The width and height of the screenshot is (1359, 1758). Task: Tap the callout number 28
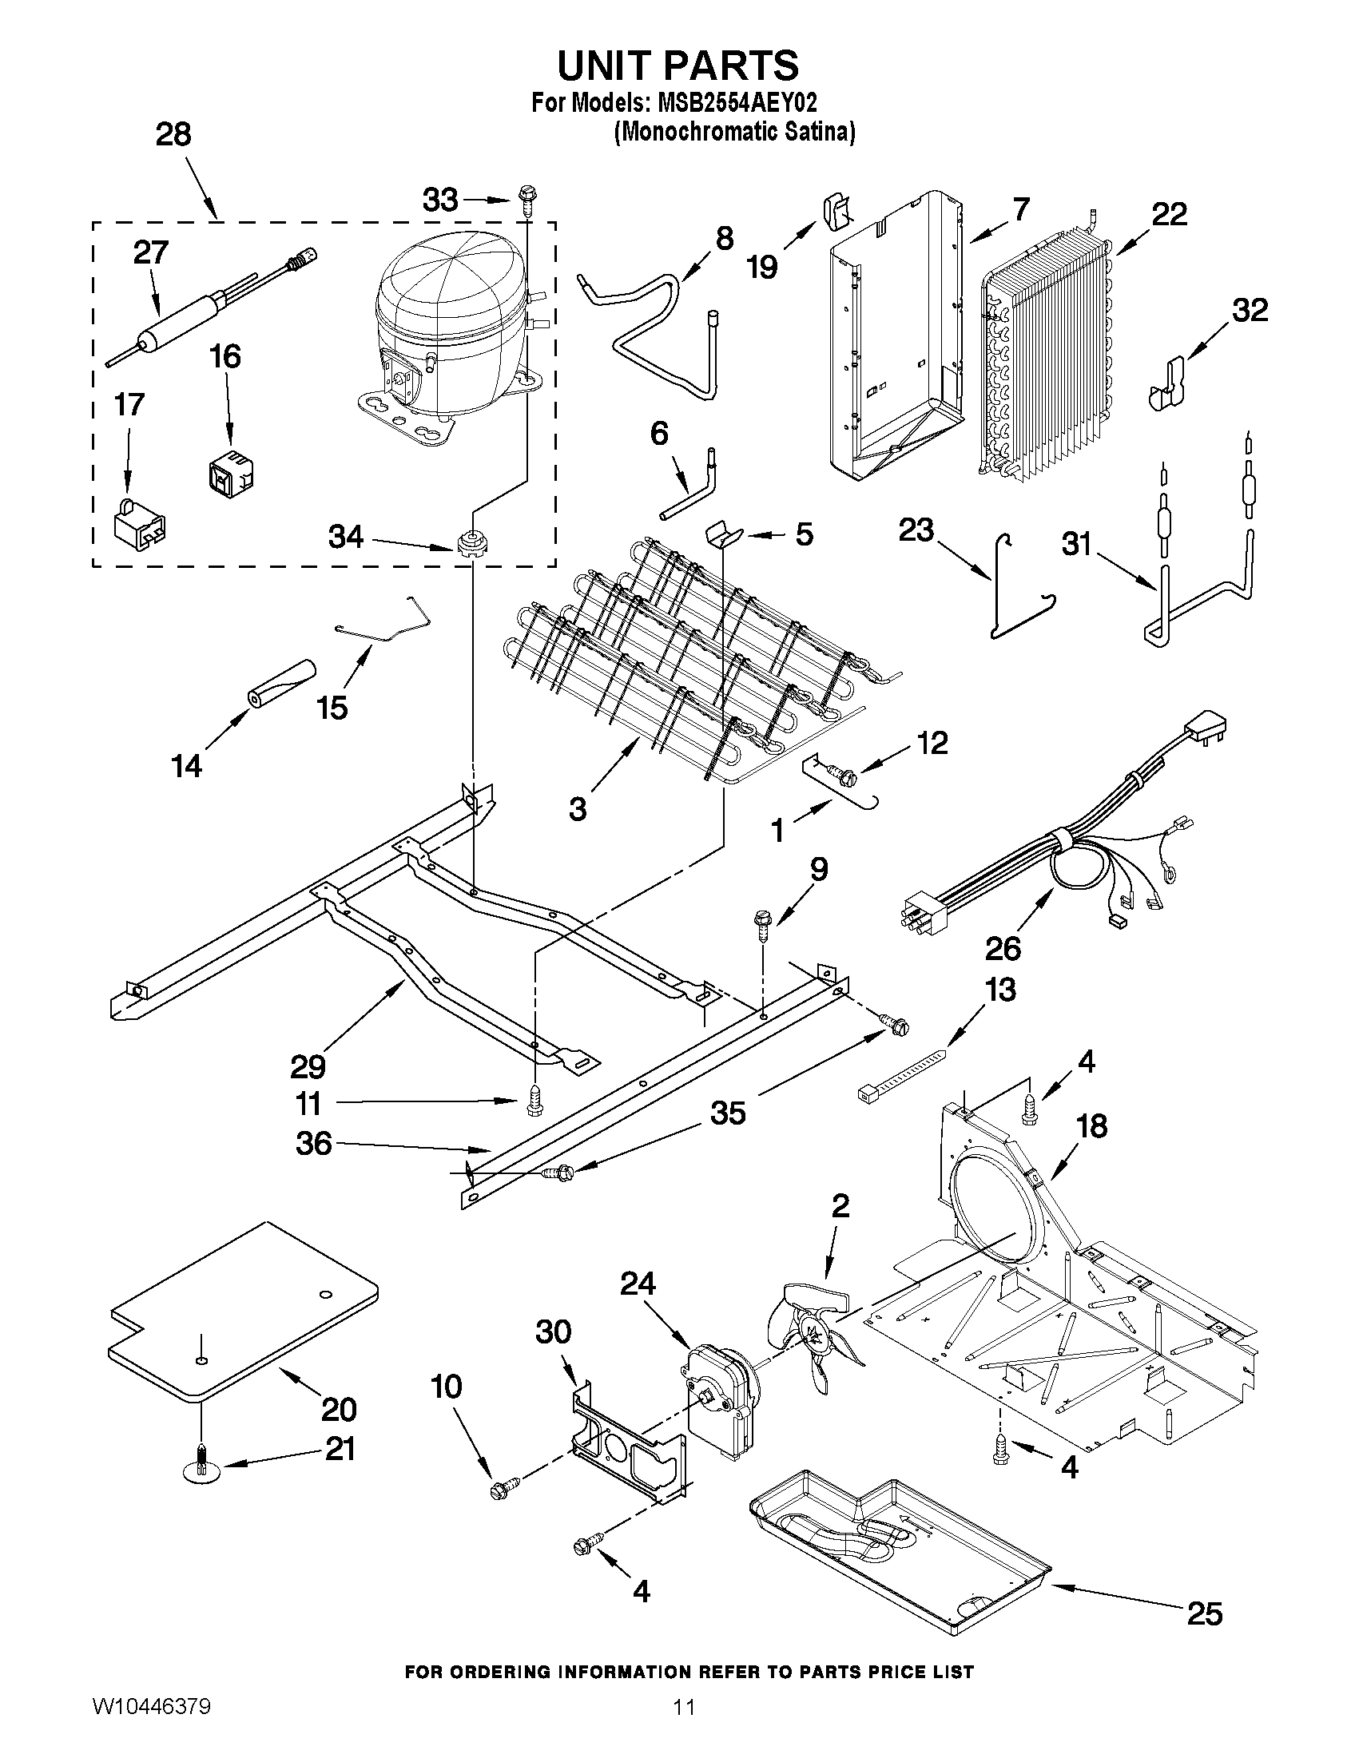[173, 133]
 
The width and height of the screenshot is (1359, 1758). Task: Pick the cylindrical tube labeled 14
[281, 684]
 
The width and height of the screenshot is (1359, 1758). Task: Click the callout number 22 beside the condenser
[1168, 214]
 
